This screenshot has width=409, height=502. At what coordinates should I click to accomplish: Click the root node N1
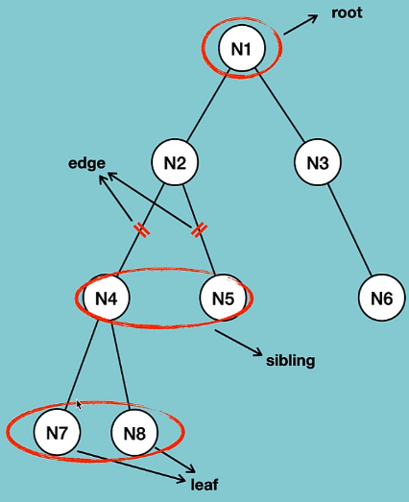[x=241, y=50]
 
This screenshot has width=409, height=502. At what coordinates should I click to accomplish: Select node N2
[x=175, y=162]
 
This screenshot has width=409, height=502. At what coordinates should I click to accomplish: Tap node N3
[x=318, y=162]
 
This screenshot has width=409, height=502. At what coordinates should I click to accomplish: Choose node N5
[x=223, y=299]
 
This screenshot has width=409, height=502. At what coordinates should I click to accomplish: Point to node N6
[x=381, y=299]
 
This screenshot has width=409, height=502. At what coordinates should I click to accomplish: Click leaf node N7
[x=57, y=434]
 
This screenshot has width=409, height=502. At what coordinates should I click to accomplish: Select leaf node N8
[x=134, y=434]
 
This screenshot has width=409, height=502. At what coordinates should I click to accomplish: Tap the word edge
[x=85, y=163]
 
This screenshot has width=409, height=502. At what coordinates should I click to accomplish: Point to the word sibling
[x=290, y=361]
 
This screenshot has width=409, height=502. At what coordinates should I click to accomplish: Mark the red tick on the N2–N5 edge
[x=199, y=230]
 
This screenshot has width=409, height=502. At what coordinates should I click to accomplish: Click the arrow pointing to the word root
[x=303, y=24]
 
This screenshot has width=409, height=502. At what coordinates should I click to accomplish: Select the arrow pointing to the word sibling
[x=239, y=344]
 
